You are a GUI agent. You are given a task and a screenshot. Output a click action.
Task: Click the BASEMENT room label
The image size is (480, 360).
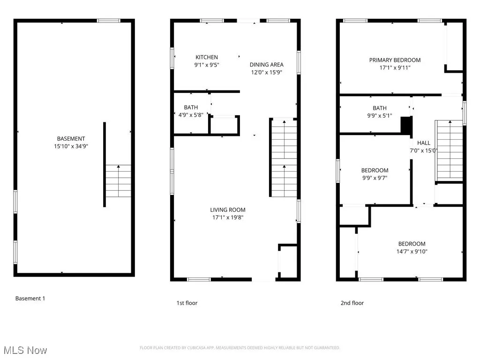[71, 139]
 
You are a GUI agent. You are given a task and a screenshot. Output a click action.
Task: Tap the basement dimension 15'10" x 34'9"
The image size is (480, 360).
[71, 146]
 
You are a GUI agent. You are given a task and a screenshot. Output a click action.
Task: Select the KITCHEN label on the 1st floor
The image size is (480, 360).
[207, 57]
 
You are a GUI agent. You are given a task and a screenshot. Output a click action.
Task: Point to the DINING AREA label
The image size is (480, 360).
[266, 65]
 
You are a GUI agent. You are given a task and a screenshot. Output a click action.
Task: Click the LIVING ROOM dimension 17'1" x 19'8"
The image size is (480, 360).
[227, 217]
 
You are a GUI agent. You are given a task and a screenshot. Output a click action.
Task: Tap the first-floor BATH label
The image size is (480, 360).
[191, 107]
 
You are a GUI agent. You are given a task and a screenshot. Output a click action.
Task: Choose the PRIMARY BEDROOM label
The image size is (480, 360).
[395, 60]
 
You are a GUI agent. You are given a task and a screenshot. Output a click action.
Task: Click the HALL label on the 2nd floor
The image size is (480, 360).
[424, 143]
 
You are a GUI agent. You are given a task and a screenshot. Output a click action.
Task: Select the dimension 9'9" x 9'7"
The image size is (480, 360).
[375, 178]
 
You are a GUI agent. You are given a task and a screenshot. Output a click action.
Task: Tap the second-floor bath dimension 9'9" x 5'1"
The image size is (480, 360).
[379, 116]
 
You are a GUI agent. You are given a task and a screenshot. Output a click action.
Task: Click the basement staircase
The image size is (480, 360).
[118, 181]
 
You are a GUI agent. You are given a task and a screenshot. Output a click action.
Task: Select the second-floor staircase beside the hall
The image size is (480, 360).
[449, 150]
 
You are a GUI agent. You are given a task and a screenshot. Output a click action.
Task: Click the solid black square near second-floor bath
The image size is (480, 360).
[406, 126]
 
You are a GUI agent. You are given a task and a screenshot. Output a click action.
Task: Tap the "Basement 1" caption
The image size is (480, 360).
[30, 299]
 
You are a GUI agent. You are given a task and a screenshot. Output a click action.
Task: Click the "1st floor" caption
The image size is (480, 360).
[187, 303]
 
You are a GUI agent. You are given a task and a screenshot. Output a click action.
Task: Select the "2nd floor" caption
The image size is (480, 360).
[352, 303]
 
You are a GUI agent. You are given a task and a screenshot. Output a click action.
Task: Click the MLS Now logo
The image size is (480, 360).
[25, 350]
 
